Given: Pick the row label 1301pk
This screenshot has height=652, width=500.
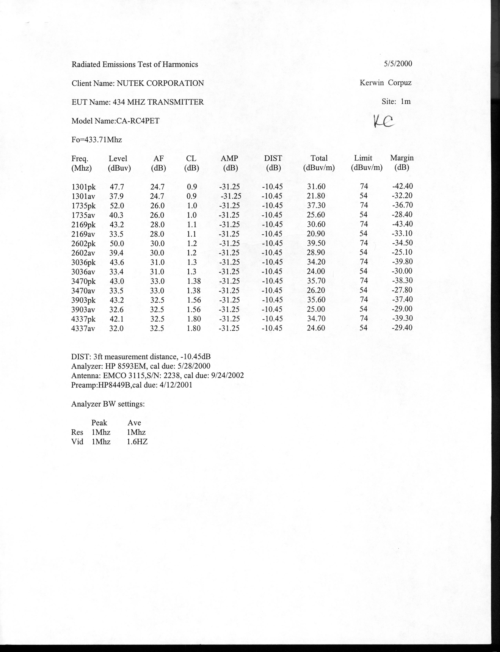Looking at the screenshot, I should [84, 187].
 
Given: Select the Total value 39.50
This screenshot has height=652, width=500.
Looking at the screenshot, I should [316, 243].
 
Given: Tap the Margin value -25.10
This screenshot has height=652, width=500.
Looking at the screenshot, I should [402, 252].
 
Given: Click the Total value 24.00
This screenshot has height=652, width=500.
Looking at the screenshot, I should [316, 271].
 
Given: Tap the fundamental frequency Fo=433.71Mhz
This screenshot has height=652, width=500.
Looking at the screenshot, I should [97, 140].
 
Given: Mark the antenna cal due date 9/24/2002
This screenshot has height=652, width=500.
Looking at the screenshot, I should [227, 375].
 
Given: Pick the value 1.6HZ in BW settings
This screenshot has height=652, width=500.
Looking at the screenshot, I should [137, 442].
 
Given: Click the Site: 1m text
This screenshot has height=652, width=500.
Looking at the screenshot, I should [396, 102].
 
